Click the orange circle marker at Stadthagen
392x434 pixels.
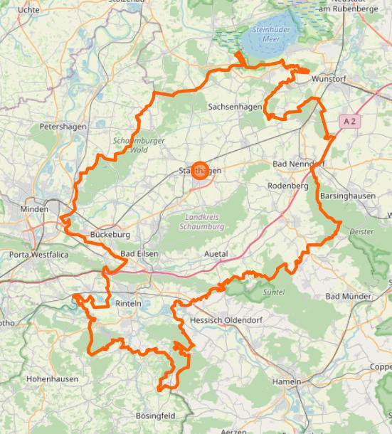[200, 171]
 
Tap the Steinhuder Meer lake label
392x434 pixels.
[269, 35]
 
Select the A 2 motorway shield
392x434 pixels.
[348, 122]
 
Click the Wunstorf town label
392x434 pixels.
[329, 80]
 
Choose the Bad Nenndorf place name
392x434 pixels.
[299, 164]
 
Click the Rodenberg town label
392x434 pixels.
[287, 186]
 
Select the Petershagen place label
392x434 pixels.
[63, 127]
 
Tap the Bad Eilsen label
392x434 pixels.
[139, 254]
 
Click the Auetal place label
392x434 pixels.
[216, 254]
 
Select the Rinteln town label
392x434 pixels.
[129, 303]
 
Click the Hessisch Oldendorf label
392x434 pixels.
[226, 321]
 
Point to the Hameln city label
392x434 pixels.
[286, 382]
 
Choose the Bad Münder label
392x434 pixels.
[349, 296]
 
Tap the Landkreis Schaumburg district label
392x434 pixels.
[204, 221]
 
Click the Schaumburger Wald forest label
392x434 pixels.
[139, 145]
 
